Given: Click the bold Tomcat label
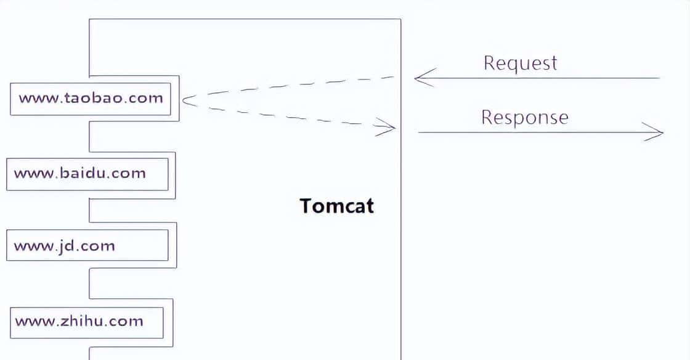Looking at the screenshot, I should pyautogui.click(x=336, y=205).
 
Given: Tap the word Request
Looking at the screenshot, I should pyautogui.click(x=520, y=63).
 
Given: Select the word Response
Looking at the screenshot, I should pyautogui.click(x=524, y=117).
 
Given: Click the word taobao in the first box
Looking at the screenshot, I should pyautogui.click(x=91, y=98).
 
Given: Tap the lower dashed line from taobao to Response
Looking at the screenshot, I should pyautogui.click(x=290, y=117).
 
